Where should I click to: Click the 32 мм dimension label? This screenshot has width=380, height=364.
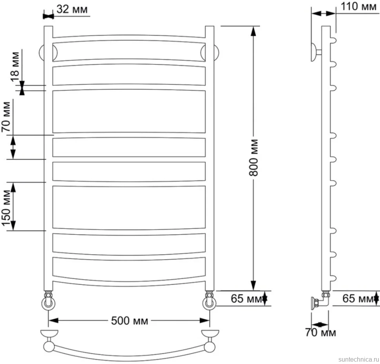pyautogui.click(x=72, y=9)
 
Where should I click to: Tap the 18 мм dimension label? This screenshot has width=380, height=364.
pyautogui.click(x=15, y=66)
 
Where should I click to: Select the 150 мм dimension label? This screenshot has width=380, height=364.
pyautogui.click(x=7, y=208)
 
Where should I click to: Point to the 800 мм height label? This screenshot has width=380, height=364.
pyautogui.click(x=254, y=158)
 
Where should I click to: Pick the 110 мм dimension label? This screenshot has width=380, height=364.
pyautogui.click(x=358, y=6)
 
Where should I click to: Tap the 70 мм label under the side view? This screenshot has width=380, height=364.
pyautogui.click(x=320, y=332)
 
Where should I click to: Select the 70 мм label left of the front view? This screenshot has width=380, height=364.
pyautogui.click(x=6, y=117)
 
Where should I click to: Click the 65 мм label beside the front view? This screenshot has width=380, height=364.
pyautogui.click(x=246, y=299)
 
